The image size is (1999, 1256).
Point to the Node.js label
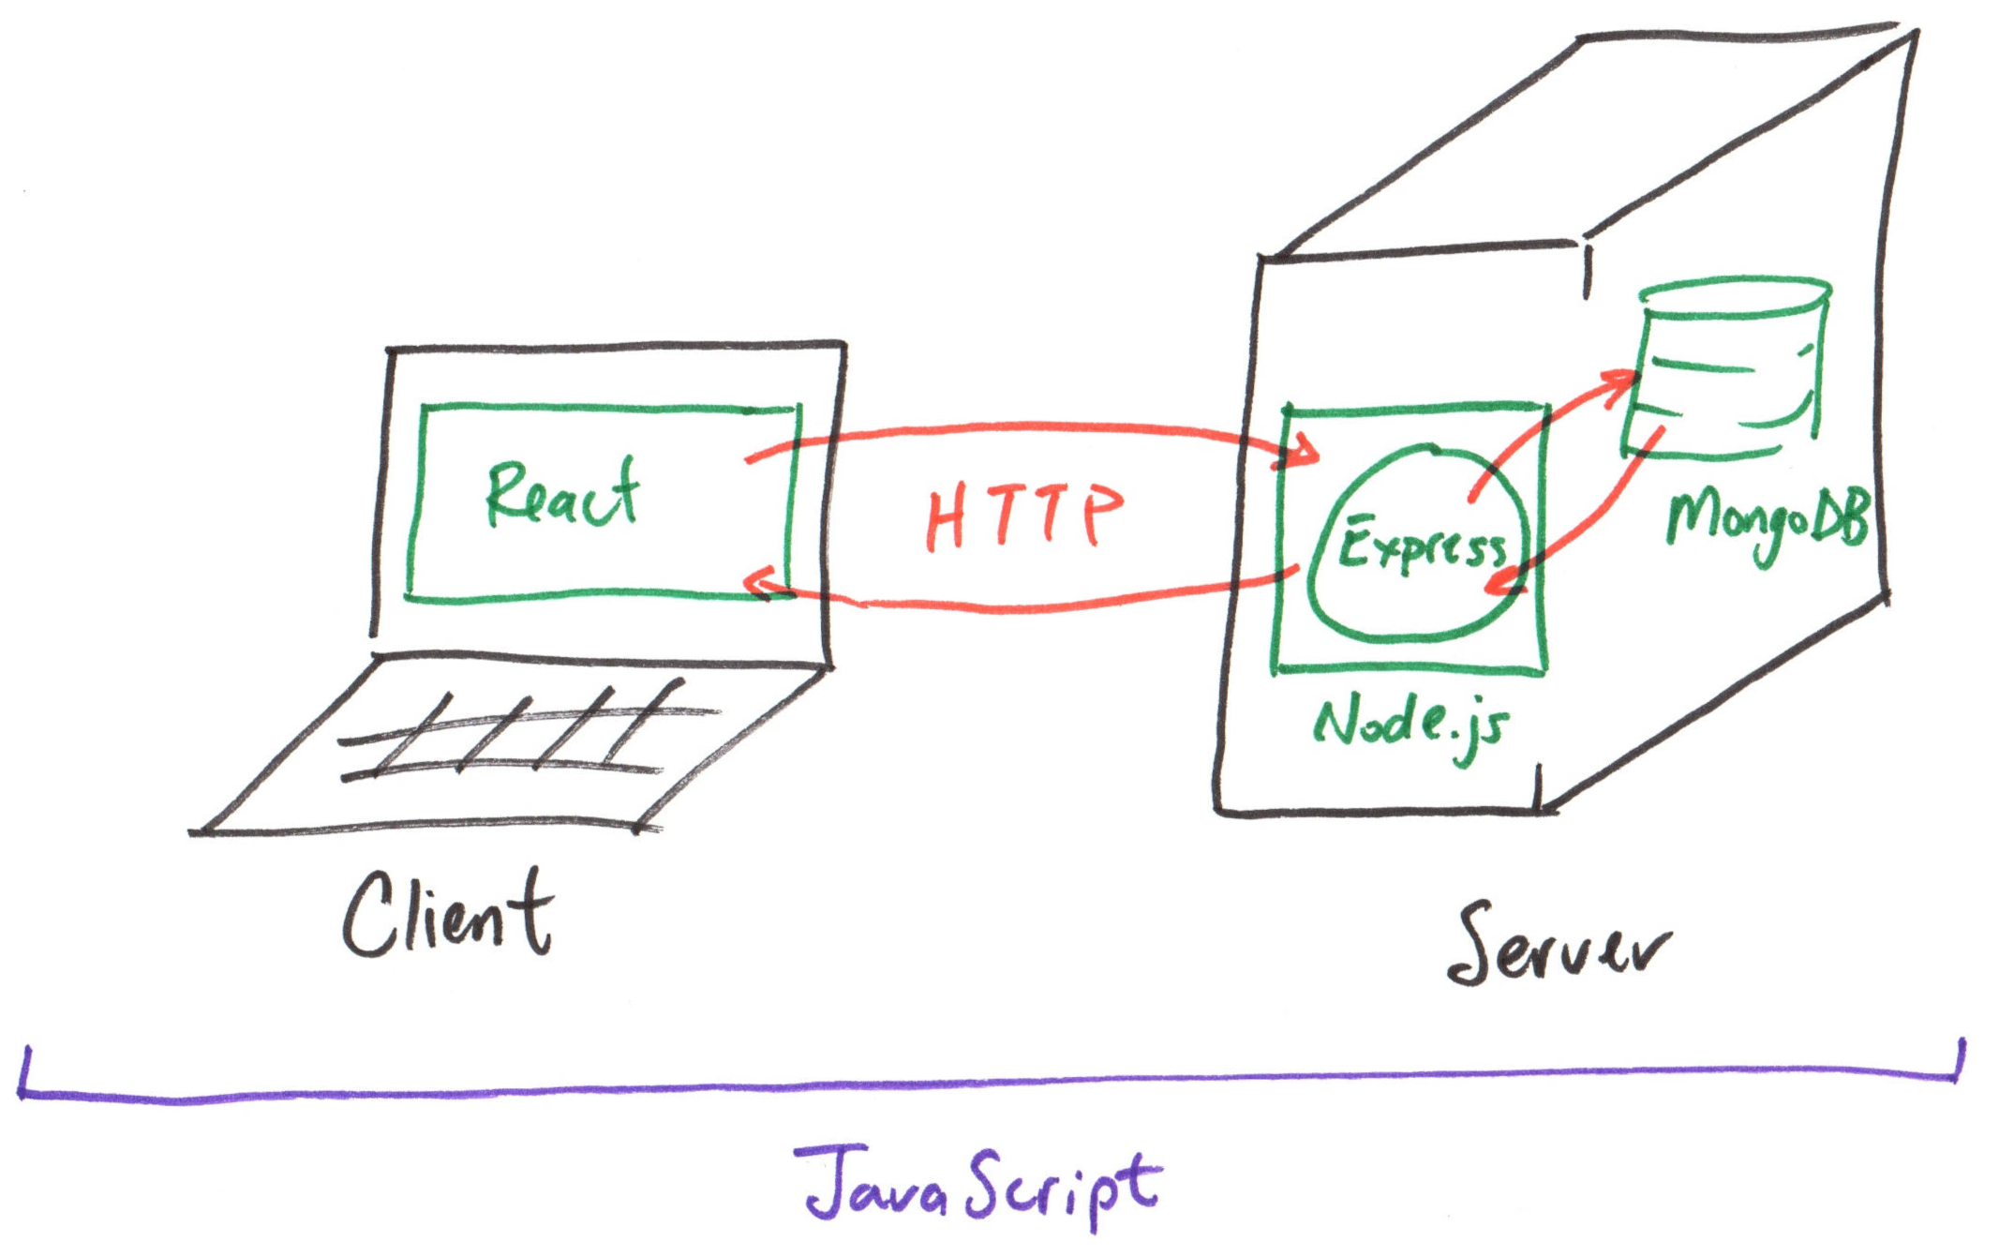coord(1411,725)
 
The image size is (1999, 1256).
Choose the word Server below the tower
coord(1558,948)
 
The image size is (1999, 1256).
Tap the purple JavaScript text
coord(980,1186)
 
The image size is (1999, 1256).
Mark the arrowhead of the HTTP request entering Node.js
coord(1305,454)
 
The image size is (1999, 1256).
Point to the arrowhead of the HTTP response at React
coord(757,583)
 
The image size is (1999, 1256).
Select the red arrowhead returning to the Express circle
coord(1502,583)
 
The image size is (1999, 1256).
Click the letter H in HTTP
coord(946,518)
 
